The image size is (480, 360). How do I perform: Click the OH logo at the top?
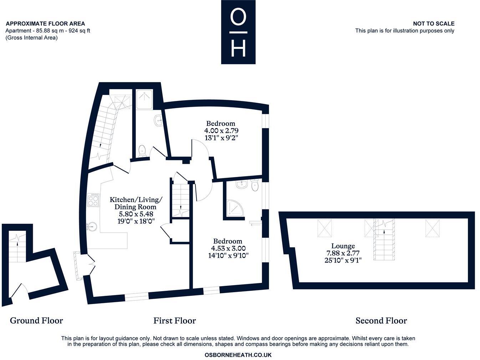pos(238,32)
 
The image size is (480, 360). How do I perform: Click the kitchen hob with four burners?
pos(93,200)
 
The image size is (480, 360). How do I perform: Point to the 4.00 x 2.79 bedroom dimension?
pos(221,131)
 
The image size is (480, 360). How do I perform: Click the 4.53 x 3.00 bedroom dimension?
pos(228,248)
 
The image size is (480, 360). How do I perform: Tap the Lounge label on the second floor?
pos(343,246)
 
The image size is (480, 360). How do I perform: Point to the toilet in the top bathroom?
pos(142,150)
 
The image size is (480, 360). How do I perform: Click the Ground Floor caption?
pos(36,320)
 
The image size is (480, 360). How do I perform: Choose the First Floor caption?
pos(174,320)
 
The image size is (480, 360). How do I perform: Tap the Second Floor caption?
pos(381,320)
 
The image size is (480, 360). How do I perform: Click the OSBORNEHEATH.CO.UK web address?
pos(238,355)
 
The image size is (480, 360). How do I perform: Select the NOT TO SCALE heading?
pos(434,24)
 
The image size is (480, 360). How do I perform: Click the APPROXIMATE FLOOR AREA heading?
pos(45,24)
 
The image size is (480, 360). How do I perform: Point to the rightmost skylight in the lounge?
pos(432,228)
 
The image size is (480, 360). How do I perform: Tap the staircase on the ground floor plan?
pos(17,246)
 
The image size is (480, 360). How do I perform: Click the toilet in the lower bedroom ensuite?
pos(255,186)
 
